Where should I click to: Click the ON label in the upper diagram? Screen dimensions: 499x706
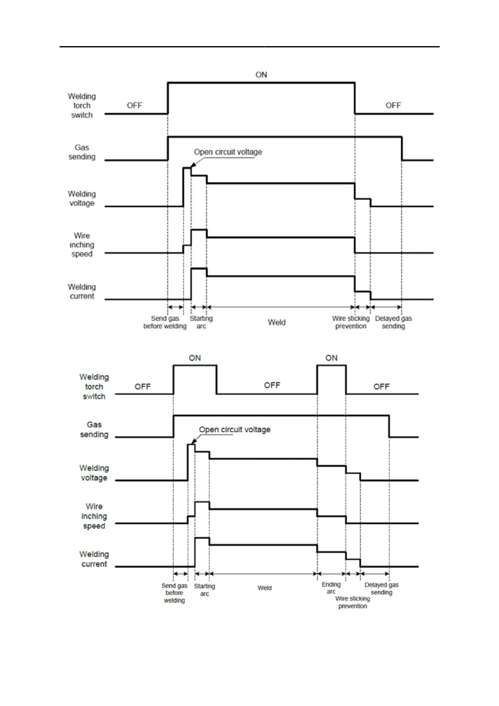pos(261,75)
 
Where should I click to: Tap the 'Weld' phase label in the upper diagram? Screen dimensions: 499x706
pos(277,322)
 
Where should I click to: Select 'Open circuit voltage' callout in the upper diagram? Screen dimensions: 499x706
pos(228,152)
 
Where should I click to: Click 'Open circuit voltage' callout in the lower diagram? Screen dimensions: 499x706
pos(234,429)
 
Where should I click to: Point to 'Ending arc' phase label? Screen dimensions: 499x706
pos(331,588)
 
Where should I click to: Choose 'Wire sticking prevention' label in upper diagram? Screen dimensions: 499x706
pos(351,322)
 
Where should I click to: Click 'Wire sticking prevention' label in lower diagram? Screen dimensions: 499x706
pos(353,602)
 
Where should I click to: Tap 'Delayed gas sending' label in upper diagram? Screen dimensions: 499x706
pos(393,322)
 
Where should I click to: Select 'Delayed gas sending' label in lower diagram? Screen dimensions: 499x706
pos(382,588)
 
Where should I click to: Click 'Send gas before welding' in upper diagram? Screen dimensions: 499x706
pos(165,322)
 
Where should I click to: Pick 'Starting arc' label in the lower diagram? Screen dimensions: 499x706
pos(204,589)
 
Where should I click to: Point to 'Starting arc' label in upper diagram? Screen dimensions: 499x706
pos(201,322)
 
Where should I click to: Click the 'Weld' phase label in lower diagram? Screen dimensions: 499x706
pos(265,588)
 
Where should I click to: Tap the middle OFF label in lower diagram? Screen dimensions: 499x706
pos(272,385)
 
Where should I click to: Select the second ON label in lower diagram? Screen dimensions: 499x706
pos(331,358)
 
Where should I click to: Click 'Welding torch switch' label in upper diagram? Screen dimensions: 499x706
pos(82,106)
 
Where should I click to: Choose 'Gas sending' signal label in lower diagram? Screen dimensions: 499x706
pos(94,429)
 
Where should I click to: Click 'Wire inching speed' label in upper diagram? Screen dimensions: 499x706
pos(82,245)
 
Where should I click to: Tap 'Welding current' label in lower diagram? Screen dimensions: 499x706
pos(94,559)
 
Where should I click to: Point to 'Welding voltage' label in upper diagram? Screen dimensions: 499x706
pos(82,198)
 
